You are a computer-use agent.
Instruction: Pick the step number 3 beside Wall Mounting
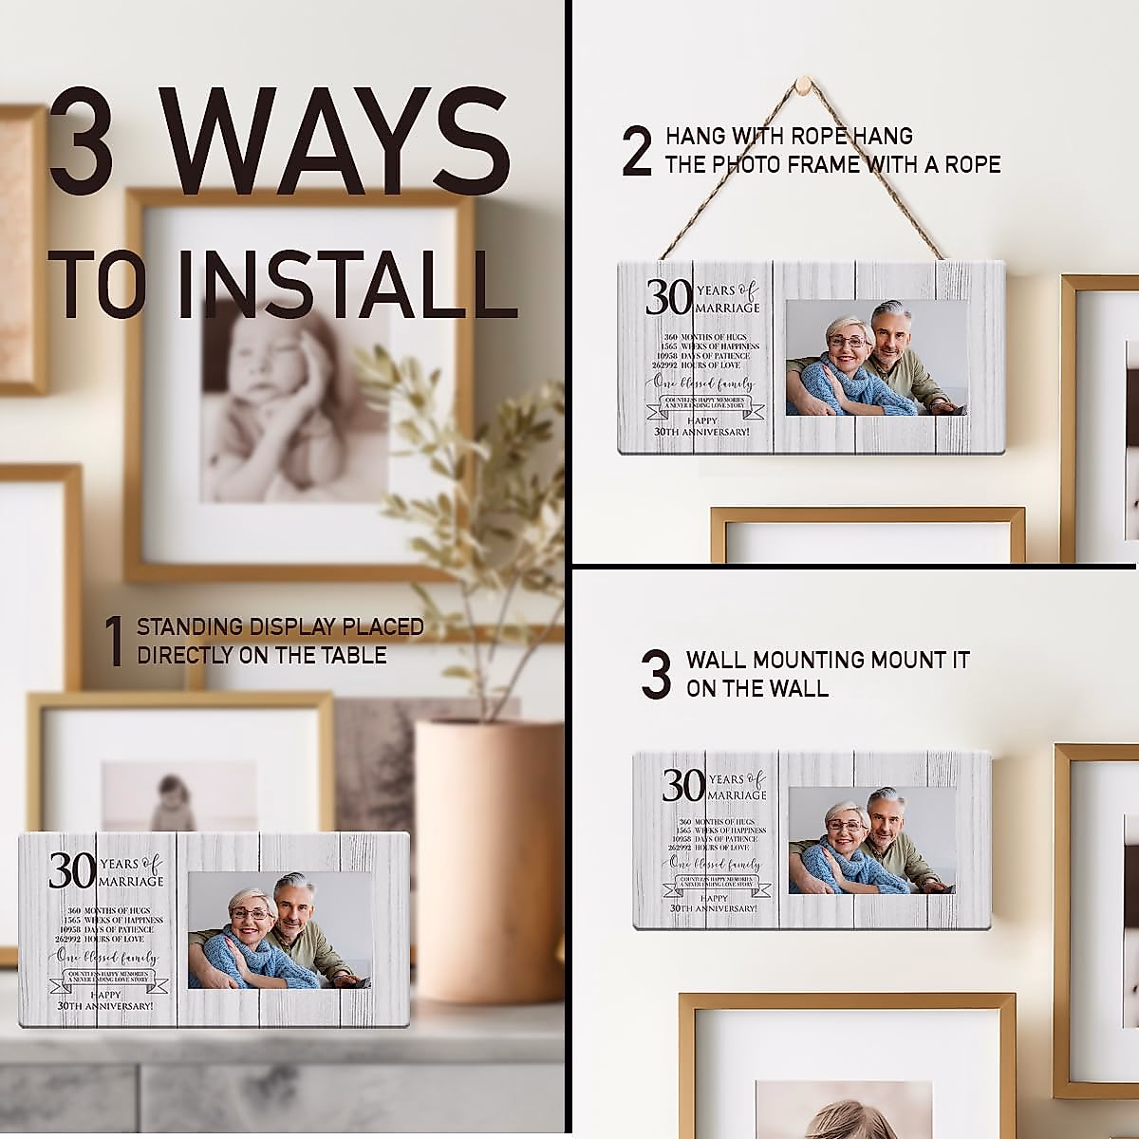pyautogui.click(x=656, y=673)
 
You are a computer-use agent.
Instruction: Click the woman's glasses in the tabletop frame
pyautogui.click(x=249, y=914)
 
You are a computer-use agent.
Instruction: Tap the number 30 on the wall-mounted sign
pyautogui.click(x=683, y=785)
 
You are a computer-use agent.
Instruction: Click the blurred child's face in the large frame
pyautogui.click(x=275, y=361)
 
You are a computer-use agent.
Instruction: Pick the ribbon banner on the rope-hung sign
pyautogui.click(x=700, y=406)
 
